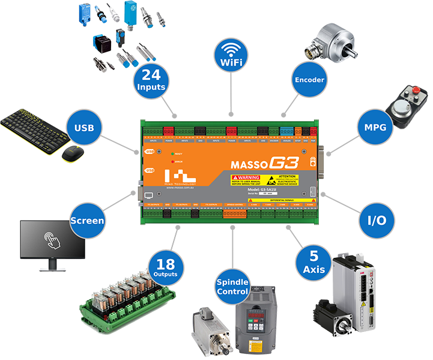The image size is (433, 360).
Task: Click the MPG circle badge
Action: pyautogui.click(x=378, y=127)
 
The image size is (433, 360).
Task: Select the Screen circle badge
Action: pyautogui.click(x=88, y=221)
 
